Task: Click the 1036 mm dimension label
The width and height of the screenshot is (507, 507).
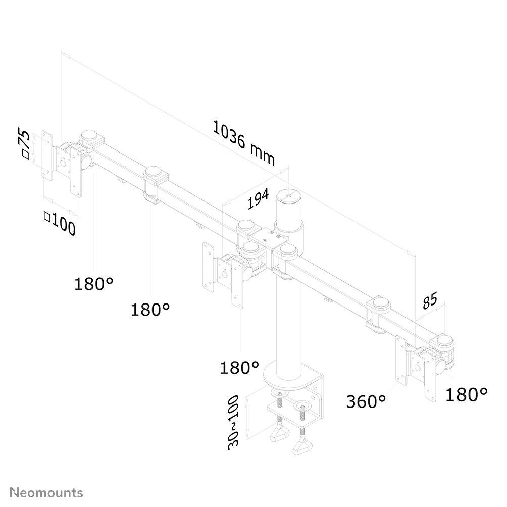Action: click(x=244, y=143)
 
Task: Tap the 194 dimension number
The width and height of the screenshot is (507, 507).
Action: click(x=258, y=199)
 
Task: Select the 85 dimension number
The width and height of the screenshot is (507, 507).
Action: click(x=430, y=300)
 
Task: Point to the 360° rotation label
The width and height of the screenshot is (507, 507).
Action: click(x=366, y=401)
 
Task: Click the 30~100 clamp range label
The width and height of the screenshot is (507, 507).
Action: click(x=233, y=422)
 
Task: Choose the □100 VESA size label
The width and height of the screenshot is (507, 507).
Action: click(x=60, y=223)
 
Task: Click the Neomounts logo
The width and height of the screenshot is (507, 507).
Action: click(x=46, y=493)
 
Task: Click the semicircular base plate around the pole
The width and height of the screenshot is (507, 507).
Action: click(x=291, y=378)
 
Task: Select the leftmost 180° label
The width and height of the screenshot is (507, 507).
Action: click(x=94, y=284)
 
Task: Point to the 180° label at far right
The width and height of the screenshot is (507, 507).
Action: click(x=466, y=394)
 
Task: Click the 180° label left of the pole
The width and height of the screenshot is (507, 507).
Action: click(x=239, y=367)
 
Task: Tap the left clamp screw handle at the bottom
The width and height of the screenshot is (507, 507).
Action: click(x=279, y=433)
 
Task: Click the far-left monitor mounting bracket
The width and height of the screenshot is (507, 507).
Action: click(x=62, y=163)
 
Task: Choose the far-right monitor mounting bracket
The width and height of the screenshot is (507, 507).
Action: click(x=416, y=368)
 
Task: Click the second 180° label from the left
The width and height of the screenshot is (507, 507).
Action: click(x=150, y=310)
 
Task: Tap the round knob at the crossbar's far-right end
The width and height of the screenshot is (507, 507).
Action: click(x=445, y=340)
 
